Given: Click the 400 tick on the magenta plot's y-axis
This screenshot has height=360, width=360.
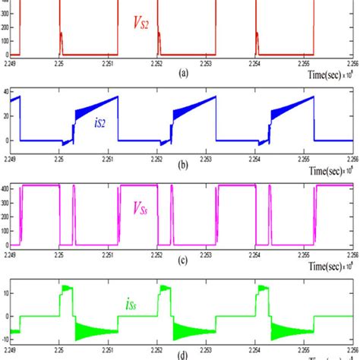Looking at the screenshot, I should (8, 187).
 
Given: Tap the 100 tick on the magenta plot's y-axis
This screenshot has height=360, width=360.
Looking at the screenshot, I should (8, 230).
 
